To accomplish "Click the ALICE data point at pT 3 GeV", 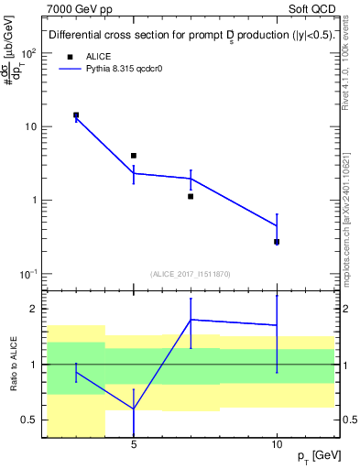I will coord(76,115).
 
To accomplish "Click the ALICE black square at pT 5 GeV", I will coord(134,156).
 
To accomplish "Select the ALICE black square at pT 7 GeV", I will coord(191,196).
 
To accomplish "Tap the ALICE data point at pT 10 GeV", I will coord(277,242).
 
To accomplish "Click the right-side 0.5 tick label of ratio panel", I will coord(350,420).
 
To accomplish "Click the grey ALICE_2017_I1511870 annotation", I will coord(191,273).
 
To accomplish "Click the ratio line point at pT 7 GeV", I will coord(191,320).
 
